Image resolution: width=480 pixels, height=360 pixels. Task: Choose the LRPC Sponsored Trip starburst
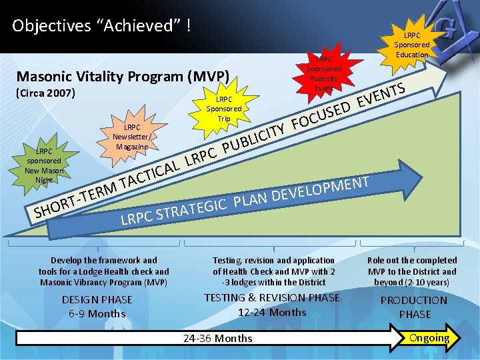223,109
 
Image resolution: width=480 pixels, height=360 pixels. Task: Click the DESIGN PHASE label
97,300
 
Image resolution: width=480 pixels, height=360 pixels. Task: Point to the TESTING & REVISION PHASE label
272,298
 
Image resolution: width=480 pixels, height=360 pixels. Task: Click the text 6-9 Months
97,314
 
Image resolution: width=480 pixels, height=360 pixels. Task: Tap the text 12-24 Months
272,312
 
